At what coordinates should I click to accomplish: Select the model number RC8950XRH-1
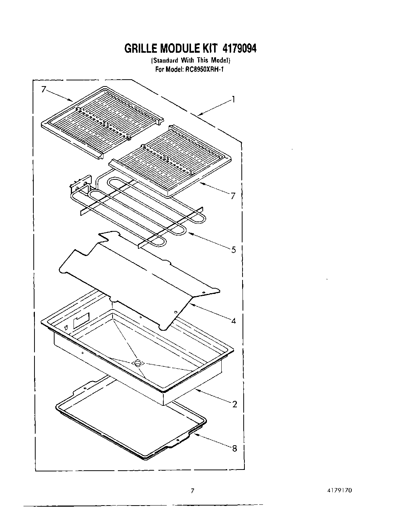tap(203, 69)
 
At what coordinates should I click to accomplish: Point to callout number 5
tap(233, 250)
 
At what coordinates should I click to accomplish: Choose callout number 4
tap(233, 321)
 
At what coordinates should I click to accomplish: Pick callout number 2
tap(235, 404)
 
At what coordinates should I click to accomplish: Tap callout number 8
tap(235, 449)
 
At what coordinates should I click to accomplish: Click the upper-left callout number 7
tap(44, 90)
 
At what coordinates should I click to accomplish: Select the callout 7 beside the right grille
tap(233, 196)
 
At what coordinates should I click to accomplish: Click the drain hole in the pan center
tap(137, 363)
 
